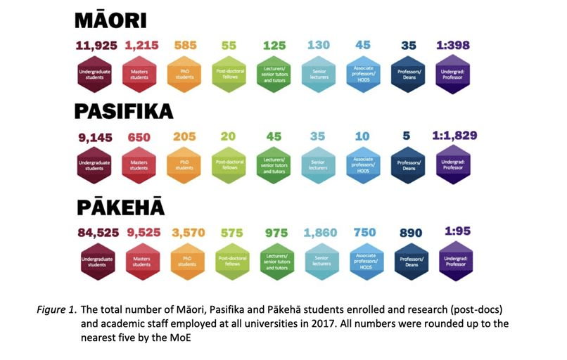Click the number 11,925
click(97, 46)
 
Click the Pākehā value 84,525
click(97, 232)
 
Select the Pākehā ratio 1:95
click(454, 231)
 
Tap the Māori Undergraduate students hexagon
click(94, 73)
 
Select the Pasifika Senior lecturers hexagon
click(319, 166)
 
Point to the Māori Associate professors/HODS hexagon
click(364, 73)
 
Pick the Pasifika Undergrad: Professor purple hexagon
click(453, 163)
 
